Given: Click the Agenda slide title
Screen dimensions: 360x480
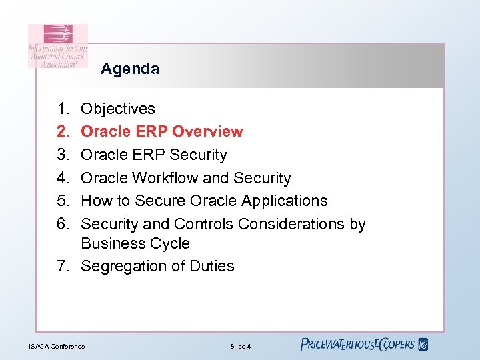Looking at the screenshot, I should (130, 69).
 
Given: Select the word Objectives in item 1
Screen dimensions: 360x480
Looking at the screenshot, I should (118, 109).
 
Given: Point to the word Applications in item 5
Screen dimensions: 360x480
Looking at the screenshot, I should (285, 201).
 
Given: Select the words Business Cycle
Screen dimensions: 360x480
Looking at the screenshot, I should (135, 243).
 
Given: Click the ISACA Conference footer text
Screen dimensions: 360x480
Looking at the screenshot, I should (57, 346).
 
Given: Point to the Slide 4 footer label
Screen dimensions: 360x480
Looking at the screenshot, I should (240, 346).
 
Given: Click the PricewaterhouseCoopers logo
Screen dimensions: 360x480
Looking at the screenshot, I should (357, 345).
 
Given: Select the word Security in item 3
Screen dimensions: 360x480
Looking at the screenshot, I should (198, 155).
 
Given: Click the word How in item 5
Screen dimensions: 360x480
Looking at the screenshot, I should (95, 201).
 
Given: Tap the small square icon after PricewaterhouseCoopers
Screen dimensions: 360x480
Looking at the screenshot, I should (423, 345).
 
